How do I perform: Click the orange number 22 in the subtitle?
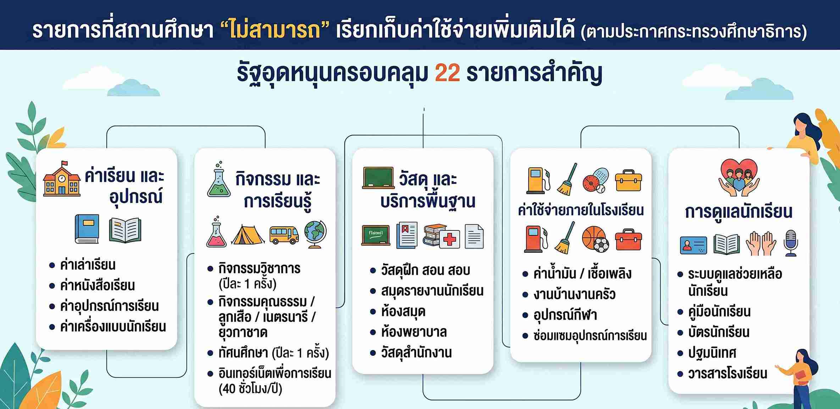point(447,73)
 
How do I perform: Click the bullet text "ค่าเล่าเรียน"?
point(88,265)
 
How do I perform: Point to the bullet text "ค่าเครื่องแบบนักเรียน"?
point(113,327)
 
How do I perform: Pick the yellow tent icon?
point(248,235)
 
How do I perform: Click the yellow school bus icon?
point(284,235)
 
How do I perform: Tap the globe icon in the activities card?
point(315,234)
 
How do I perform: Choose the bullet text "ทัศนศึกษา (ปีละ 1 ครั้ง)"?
point(273,353)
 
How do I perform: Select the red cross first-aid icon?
point(449,239)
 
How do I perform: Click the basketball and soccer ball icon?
point(596,239)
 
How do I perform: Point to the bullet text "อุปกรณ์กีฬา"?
point(565,315)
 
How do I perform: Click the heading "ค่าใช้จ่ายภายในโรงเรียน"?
point(581,210)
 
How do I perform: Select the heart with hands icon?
point(739,177)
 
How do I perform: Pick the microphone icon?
point(791,243)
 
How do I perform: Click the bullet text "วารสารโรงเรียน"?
point(727,373)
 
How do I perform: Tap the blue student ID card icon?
point(693,245)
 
